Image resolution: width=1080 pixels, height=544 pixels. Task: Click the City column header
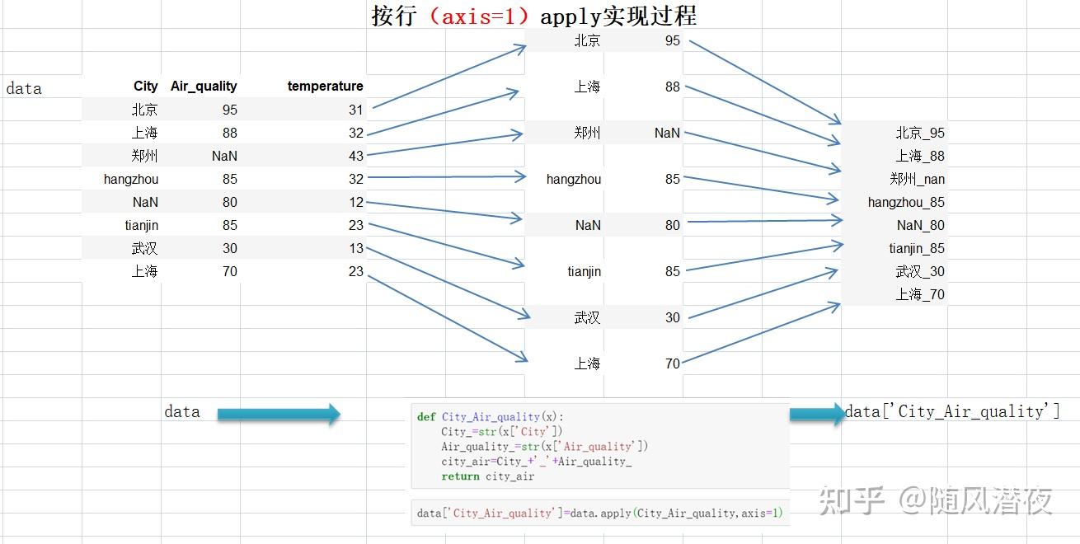tap(145, 86)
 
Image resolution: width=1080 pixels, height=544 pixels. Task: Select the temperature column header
tap(325, 86)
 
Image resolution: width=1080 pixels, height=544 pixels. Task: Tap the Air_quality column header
tap(204, 86)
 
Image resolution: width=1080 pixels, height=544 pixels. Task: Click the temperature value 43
tap(355, 156)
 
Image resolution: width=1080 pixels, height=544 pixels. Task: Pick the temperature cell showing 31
tap(355, 110)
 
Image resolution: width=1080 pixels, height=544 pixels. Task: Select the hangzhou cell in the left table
tap(131, 179)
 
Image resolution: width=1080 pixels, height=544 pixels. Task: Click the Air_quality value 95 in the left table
tap(229, 110)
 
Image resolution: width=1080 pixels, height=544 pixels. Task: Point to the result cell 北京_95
tap(920, 133)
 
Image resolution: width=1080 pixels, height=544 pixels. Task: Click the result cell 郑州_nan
tap(917, 179)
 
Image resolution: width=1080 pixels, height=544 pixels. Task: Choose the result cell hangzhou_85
tap(906, 202)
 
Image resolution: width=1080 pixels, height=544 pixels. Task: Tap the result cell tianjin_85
tap(917, 248)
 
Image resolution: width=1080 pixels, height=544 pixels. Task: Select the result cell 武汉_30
tap(920, 271)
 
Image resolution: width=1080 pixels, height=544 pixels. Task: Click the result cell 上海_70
tap(920, 294)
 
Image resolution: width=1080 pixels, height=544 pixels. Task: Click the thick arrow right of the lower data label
tap(279, 414)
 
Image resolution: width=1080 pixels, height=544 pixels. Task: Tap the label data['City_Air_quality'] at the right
tap(952, 411)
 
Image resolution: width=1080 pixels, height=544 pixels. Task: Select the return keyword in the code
tap(460, 476)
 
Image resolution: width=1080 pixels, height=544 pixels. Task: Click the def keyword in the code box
tap(426, 417)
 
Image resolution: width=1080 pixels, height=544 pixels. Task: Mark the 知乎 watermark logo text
tap(852, 500)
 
